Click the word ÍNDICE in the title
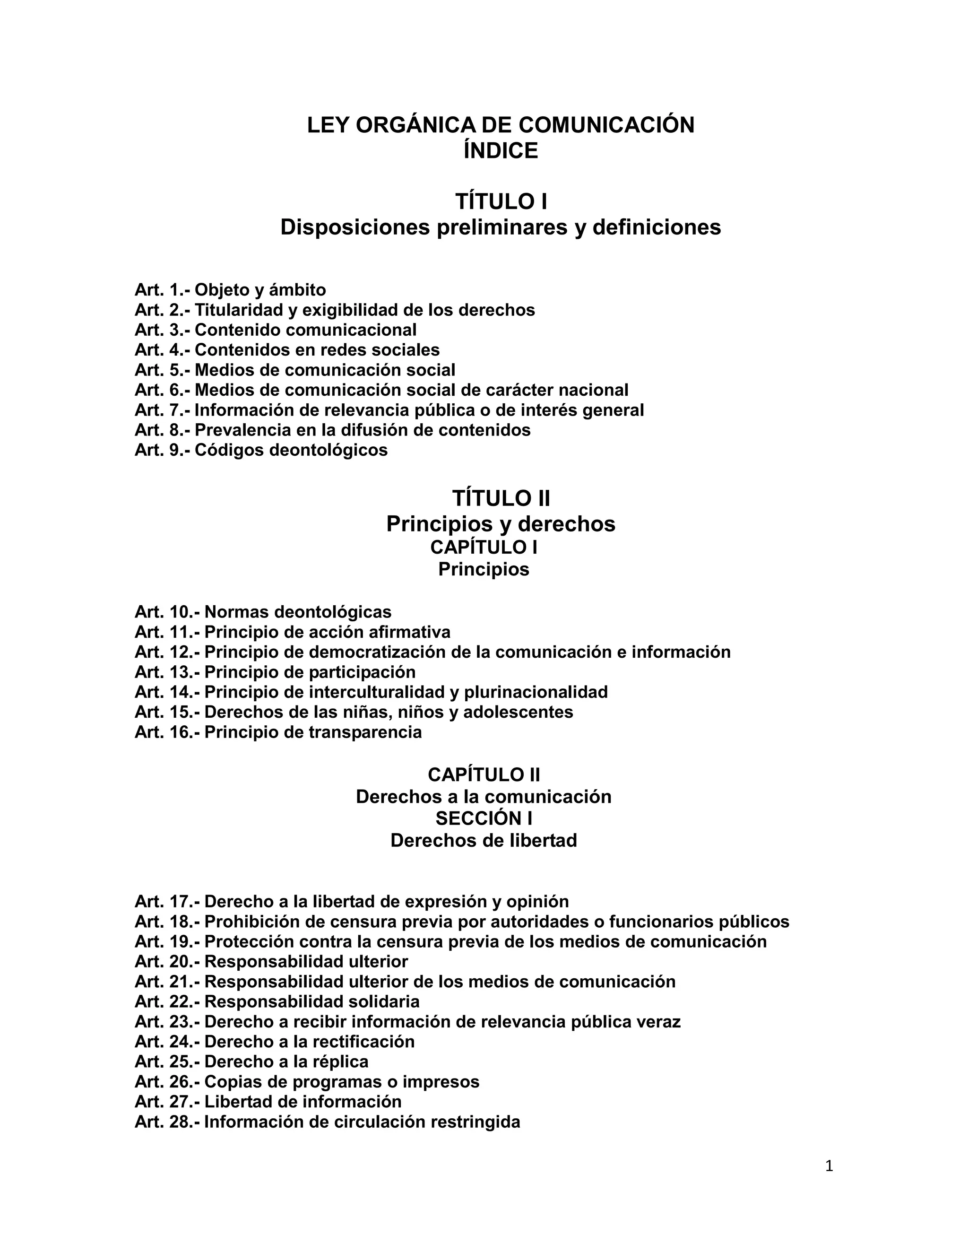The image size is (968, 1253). click(501, 151)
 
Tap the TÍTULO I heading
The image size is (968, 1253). click(501, 201)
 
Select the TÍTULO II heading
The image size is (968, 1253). click(501, 498)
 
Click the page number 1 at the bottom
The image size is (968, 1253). click(829, 1166)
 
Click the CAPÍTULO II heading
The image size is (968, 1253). click(484, 774)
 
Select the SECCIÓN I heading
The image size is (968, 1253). click(484, 818)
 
